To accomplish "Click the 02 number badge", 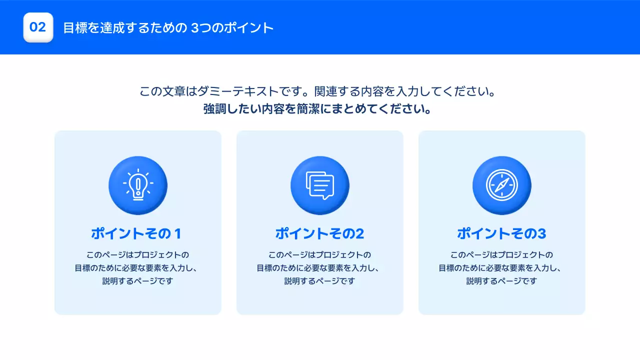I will click(38, 27).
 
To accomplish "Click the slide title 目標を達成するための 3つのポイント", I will click(168, 27).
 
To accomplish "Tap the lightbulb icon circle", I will click(138, 185).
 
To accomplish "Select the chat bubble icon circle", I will click(320, 185).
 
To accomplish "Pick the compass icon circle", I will click(502, 185).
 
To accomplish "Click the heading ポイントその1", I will click(136, 233).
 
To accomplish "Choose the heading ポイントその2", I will click(319, 233).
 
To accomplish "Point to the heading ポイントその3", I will click(501, 233).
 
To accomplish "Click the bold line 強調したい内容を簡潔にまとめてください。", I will click(318, 109).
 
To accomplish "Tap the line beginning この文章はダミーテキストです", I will click(318, 92).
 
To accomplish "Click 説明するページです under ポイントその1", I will click(137, 281).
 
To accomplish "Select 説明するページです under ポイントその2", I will click(319, 281).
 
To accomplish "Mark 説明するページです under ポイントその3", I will click(501, 281).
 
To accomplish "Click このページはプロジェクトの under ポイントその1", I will click(137, 254).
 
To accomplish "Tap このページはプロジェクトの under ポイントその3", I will click(501, 254).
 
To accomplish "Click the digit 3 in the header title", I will click(195, 27).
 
